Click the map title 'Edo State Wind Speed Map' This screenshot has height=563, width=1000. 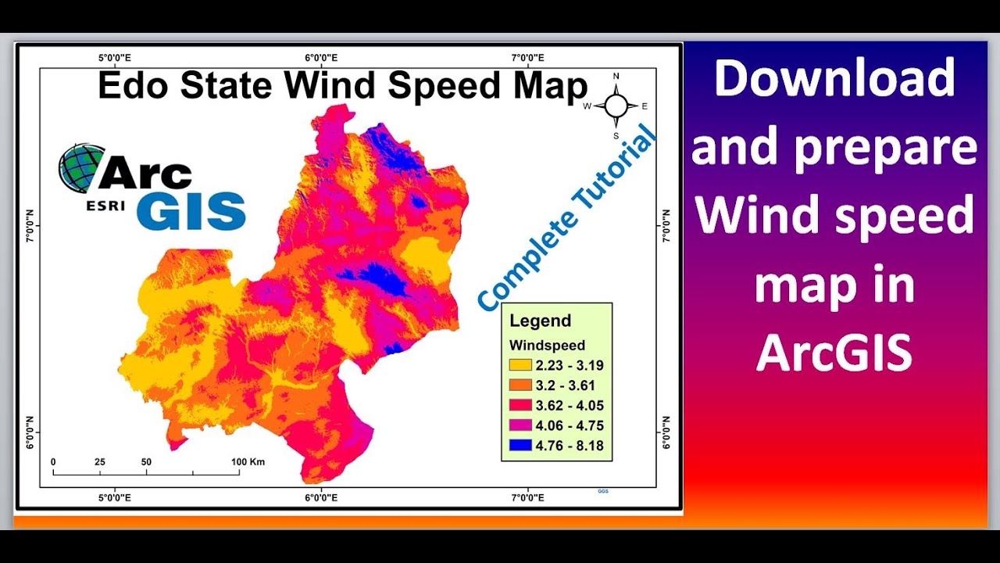(x=342, y=86)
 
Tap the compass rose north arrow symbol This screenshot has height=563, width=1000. (x=616, y=106)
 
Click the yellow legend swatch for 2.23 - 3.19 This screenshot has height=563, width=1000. (x=520, y=365)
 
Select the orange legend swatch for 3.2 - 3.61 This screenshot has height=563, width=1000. (x=520, y=385)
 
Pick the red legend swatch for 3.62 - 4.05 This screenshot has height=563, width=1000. (x=520, y=406)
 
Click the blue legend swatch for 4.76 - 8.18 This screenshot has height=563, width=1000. (x=520, y=446)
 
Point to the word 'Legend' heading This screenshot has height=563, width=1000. (x=540, y=321)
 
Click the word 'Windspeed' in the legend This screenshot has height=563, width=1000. (x=547, y=345)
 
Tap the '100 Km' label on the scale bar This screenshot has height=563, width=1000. (x=248, y=462)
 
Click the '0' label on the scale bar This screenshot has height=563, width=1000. (x=53, y=462)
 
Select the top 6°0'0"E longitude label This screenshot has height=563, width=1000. (x=320, y=58)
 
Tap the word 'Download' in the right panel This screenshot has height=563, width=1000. (x=834, y=78)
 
